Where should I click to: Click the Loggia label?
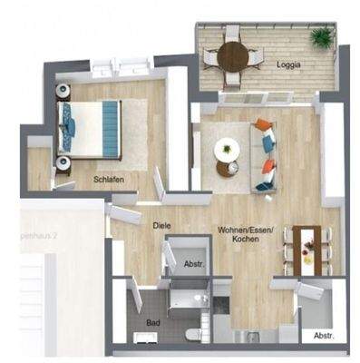(289, 65)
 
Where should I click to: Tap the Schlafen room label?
(109, 180)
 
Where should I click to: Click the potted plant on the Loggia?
(321, 38)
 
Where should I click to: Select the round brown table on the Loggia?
(233, 56)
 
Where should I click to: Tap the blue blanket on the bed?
(110, 127)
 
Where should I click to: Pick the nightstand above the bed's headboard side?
(64, 91)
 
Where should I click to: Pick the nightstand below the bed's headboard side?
(64, 163)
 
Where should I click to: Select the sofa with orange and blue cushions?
(267, 154)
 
